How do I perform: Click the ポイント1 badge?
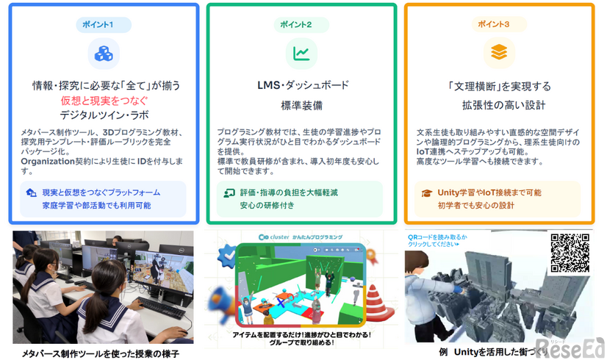pyautogui.click(x=102, y=25)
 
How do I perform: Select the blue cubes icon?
pyautogui.click(x=103, y=54)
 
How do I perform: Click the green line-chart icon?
pyautogui.click(x=301, y=53)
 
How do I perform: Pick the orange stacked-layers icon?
pyautogui.click(x=498, y=53)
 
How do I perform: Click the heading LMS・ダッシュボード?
pyautogui.click(x=302, y=85)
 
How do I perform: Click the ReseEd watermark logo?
pyautogui.click(x=570, y=345)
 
